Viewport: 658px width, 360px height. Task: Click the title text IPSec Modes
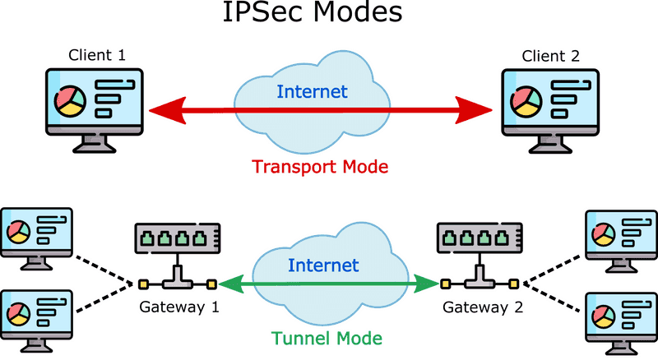click(313, 12)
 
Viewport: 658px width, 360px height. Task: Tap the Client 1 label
click(97, 55)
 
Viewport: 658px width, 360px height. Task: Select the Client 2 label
click(550, 56)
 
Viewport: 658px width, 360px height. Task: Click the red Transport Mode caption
click(320, 167)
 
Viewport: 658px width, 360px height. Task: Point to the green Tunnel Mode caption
click(327, 338)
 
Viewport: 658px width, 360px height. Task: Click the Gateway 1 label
click(179, 307)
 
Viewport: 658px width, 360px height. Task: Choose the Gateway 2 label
click(483, 307)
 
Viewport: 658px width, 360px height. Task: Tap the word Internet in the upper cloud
click(313, 91)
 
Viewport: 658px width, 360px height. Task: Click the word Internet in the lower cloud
click(323, 265)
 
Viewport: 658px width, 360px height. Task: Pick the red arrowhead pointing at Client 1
click(168, 111)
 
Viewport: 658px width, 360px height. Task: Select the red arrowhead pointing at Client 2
click(474, 110)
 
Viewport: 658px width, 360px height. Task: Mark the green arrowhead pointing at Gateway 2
click(426, 284)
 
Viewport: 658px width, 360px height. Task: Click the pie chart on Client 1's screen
click(70, 102)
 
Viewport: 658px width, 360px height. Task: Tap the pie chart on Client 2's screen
click(526, 102)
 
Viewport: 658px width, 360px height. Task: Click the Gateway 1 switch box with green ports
click(178, 238)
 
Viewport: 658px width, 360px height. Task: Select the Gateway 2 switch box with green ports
click(480, 238)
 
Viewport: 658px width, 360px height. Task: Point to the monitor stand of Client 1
click(95, 143)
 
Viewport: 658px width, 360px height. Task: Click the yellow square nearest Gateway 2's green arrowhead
click(446, 284)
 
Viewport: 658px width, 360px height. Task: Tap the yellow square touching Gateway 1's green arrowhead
click(212, 284)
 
